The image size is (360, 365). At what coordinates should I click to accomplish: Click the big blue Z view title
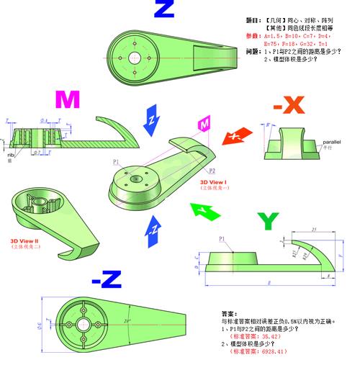[164, 10]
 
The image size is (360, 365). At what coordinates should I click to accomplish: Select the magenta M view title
[67, 100]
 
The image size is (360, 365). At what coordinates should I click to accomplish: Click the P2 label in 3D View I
[212, 171]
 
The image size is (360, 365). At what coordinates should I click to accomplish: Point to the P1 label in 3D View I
[116, 163]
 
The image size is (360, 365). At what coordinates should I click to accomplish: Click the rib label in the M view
[11, 153]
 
